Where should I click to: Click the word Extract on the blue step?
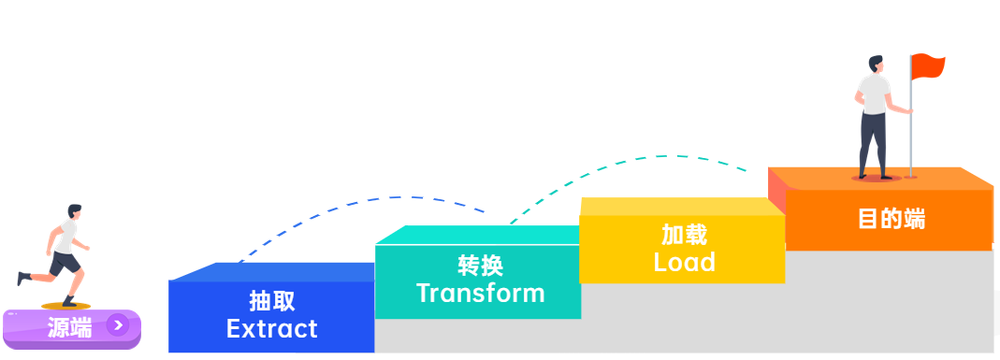point(271,329)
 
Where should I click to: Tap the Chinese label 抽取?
point(271,301)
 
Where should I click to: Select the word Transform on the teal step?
point(480,293)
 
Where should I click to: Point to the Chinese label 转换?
point(480,266)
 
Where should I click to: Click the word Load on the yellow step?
point(684,262)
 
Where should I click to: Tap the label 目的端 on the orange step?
point(891,219)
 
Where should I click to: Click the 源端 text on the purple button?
point(70,327)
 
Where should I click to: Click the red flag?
point(928,66)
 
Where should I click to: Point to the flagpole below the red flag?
point(911,140)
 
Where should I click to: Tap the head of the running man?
point(75,211)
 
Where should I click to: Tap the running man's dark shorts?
point(64,264)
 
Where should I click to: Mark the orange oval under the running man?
point(65,306)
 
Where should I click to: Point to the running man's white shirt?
point(67,237)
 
